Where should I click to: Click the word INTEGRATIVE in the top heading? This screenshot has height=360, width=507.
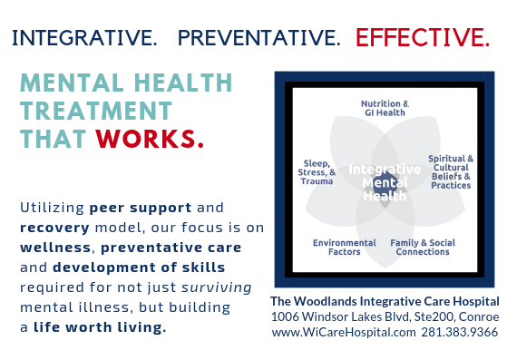pos(83,38)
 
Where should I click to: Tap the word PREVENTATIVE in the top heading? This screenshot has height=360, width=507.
pos(259,38)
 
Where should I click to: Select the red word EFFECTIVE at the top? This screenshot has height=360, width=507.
pos(422,38)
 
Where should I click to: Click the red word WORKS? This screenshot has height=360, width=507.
pos(150,141)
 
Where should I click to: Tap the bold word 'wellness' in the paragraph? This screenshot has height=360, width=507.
pos(55,247)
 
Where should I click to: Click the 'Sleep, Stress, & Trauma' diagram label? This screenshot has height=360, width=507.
pos(317,172)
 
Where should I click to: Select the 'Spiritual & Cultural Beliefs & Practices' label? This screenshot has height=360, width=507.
pos(450,172)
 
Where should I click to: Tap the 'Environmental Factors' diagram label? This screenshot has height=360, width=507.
pos(344,248)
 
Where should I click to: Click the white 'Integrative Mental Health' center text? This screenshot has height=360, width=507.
pos(385,181)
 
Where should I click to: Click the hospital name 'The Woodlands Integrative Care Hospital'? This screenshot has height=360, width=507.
pos(385,301)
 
